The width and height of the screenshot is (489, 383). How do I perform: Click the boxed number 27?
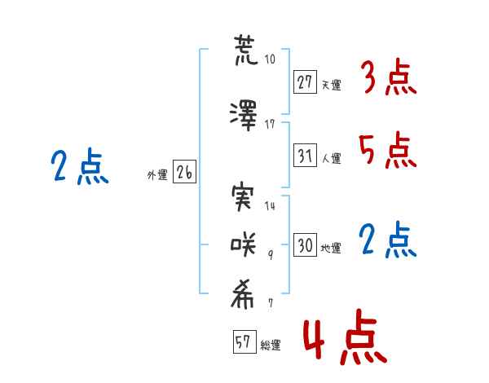[305, 81]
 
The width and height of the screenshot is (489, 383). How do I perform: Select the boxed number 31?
[305, 155]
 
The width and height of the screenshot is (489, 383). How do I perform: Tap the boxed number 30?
[305, 245]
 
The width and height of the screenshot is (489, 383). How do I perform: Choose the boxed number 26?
[184, 173]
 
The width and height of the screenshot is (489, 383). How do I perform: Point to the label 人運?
[331, 158]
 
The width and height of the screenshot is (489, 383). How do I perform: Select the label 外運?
[157, 175]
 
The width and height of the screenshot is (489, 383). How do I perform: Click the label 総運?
[270, 346]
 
